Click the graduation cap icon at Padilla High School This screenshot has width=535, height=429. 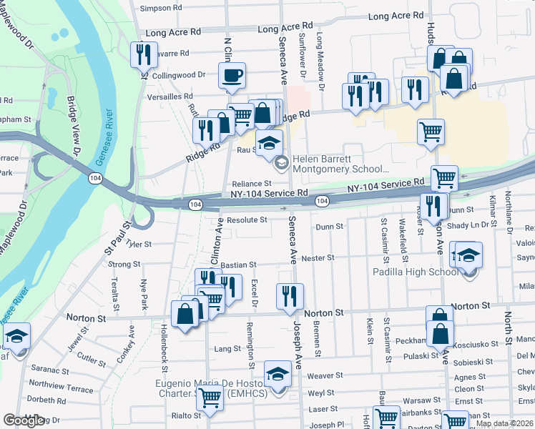click(x=468, y=255)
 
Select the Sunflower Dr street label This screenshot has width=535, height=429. click(x=302, y=56)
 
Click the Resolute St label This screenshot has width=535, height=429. click(x=247, y=220)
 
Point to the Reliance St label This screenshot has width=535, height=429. click(x=250, y=184)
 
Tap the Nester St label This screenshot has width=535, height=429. click(x=318, y=257)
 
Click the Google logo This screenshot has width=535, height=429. click(x=24, y=420)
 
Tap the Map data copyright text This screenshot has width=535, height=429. click(x=505, y=423)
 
